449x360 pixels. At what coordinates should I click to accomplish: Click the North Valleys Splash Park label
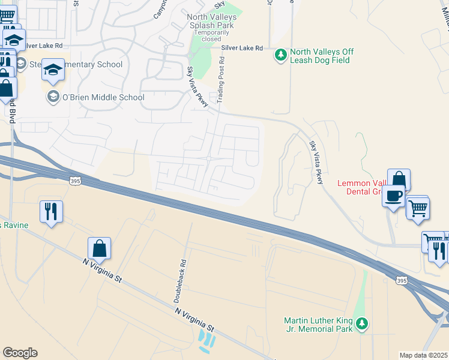[211, 22]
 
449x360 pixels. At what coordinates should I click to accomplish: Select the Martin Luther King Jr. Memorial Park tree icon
[361, 324]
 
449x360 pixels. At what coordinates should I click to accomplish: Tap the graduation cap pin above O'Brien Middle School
[53, 70]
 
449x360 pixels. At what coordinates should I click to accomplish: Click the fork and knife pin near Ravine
[51, 211]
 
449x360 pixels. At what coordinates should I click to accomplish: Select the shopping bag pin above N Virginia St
[100, 248]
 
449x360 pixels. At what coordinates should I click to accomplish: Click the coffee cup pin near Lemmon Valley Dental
[393, 196]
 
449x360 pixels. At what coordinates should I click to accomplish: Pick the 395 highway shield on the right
[402, 280]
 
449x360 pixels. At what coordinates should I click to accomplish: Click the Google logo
[20, 353]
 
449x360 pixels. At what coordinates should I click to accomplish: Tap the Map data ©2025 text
[423, 355]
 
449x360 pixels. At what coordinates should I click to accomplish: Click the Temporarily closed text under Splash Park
[211, 35]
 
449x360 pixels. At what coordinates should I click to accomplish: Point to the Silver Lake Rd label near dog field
[242, 48]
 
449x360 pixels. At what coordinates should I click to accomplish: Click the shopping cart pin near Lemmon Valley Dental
[418, 208]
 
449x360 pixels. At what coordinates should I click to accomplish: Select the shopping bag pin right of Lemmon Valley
[399, 179]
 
